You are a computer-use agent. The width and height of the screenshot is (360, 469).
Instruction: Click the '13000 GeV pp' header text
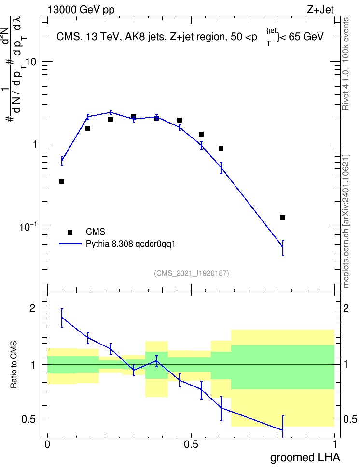81,10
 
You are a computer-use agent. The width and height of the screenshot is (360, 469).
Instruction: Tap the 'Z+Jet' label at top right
320,10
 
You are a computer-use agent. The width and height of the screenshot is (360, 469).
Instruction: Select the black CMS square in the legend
70,232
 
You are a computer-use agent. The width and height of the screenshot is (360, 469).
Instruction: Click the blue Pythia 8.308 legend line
70,244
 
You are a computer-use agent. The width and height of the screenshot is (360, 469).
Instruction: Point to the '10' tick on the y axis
31,62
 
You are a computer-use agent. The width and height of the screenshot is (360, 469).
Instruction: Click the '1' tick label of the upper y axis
34,144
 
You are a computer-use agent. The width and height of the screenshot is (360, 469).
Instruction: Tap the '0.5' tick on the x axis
191,444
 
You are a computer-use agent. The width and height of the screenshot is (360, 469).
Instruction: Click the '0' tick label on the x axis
47,444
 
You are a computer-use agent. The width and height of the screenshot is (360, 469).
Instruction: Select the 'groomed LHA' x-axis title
305,458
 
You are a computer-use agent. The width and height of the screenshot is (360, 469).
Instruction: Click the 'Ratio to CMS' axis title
14,365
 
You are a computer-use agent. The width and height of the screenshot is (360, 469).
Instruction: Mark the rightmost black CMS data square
283,218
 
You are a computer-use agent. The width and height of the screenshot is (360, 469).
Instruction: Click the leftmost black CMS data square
62,181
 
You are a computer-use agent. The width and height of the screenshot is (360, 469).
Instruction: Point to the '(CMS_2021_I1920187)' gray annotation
192,273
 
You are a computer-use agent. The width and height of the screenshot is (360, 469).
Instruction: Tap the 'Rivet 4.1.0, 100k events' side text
346,64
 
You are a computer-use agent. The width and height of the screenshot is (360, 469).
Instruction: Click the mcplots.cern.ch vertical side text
346,221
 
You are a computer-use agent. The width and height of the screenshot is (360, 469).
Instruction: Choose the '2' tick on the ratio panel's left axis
33,308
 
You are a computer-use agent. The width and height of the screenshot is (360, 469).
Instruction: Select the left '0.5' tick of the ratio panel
28,419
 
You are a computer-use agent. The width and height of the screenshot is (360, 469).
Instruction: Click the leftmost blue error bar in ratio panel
62,318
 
